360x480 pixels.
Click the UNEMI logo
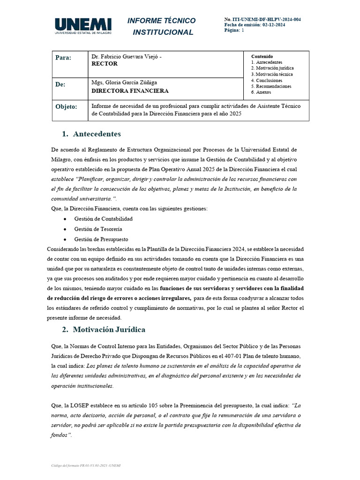(83, 26)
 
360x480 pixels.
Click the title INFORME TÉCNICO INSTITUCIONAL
(162, 26)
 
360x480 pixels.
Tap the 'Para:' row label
(63, 58)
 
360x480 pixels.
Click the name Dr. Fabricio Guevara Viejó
(126, 56)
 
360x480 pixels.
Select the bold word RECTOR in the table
(105, 64)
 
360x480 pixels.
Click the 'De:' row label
(61, 85)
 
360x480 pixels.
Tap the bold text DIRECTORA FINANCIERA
(129, 91)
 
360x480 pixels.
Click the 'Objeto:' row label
(66, 107)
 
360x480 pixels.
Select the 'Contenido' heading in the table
(262, 56)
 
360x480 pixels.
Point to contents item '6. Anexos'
(261, 92)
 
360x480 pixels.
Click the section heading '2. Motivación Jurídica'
(104, 329)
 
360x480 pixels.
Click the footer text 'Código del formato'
(66, 465)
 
